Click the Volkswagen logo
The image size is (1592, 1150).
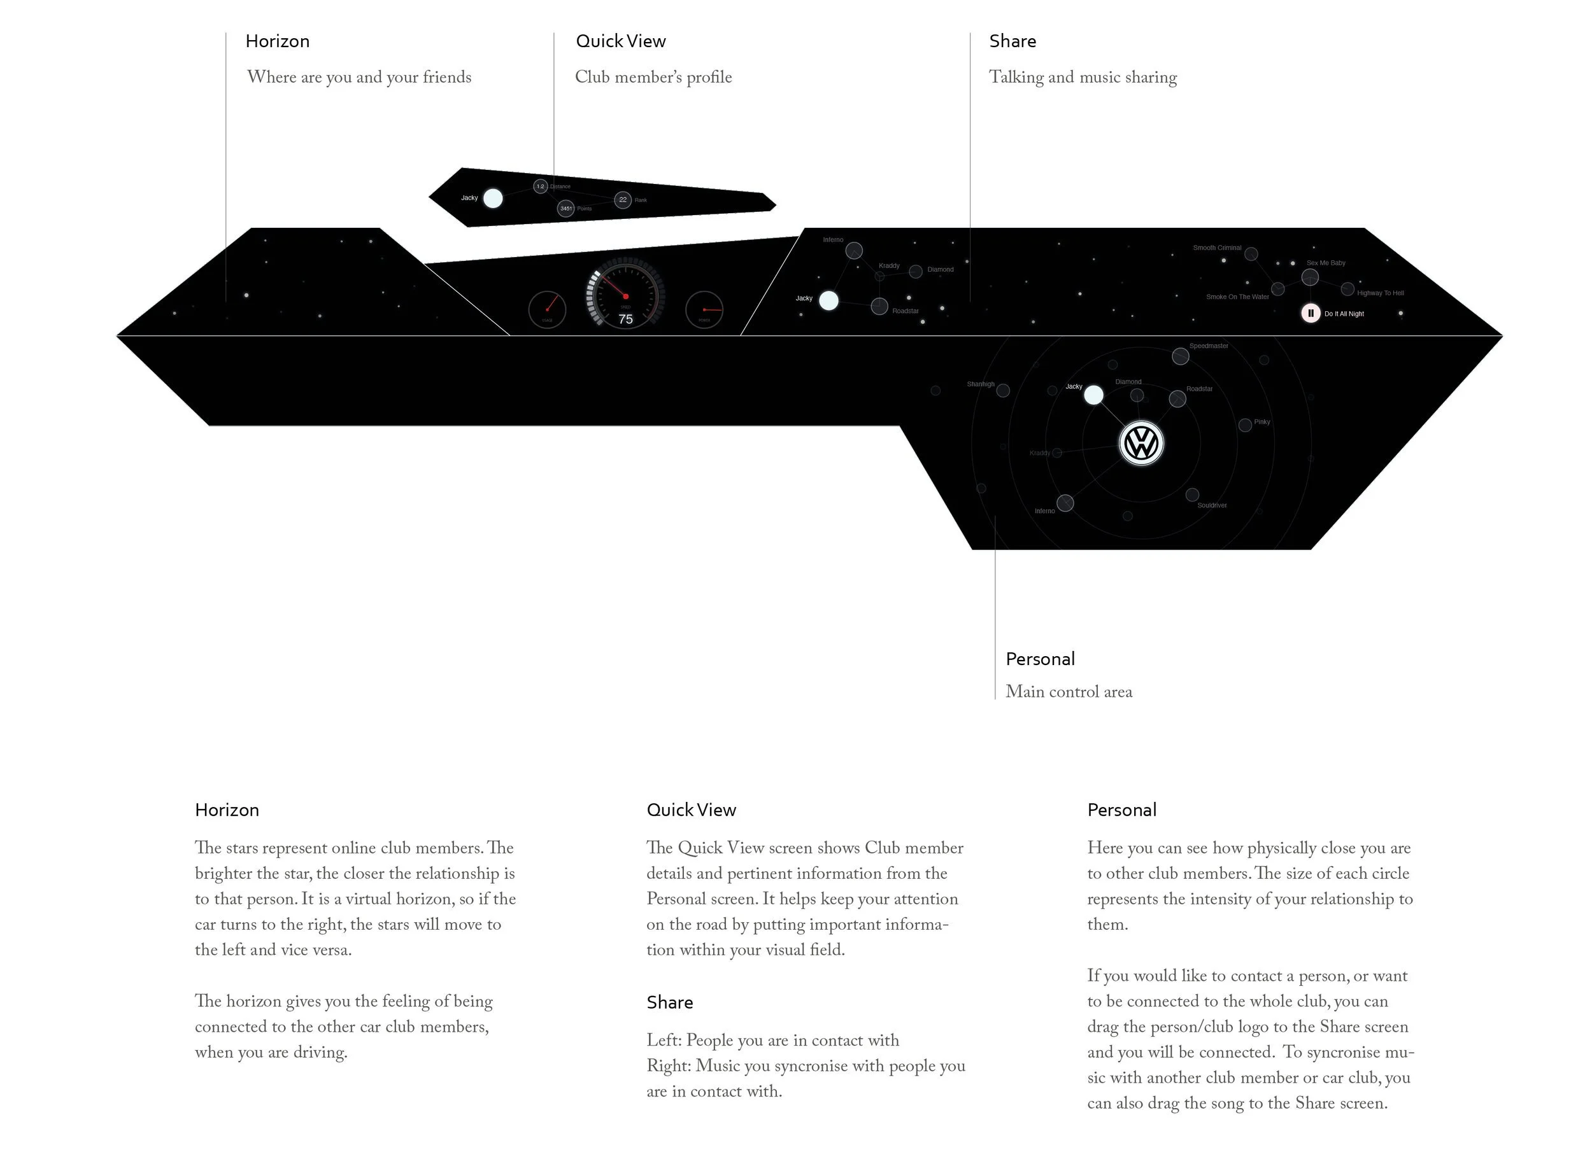point(1141,444)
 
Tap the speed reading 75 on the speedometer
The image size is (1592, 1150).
point(625,319)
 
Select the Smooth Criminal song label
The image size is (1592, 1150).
point(1216,248)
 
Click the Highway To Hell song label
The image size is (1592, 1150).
point(1380,293)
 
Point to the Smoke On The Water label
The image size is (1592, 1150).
point(1237,297)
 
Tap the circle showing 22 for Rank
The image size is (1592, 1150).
point(623,200)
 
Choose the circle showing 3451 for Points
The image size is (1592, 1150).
point(565,208)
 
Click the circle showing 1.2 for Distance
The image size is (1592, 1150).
point(540,186)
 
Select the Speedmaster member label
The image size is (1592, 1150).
point(1208,346)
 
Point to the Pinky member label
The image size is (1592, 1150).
point(1262,422)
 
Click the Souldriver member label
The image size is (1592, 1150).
point(1212,505)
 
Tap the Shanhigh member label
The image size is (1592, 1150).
point(980,384)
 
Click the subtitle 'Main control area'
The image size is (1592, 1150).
point(1069,692)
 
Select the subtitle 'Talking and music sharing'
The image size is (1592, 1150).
point(1083,77)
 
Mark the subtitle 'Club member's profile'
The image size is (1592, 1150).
point(653,77)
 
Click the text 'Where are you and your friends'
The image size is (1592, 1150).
point(359,77)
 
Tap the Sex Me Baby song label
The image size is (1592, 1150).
point(1325,263)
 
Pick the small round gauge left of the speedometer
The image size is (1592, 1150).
point(547,309)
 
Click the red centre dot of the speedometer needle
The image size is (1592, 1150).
point(625,296)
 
